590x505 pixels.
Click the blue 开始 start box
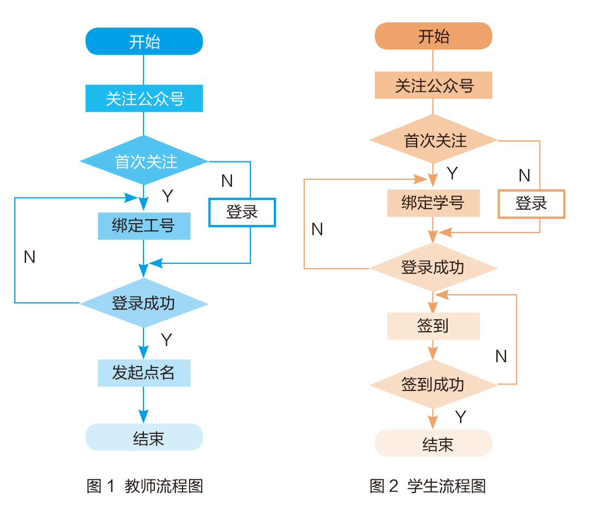[144, 42]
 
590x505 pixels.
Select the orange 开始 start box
[434, 36]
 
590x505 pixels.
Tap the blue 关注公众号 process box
[144, 99]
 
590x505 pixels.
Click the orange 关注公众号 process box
[434, 86]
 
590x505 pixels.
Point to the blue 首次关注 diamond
[144, 161]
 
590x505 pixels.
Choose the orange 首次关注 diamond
[434, 140]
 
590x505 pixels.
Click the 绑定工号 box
[144, 226]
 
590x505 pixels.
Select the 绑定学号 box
[434, 203]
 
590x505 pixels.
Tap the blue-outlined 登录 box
[242, 212]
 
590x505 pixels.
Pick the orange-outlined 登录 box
[531, 204]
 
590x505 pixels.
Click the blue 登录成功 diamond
[144, 302]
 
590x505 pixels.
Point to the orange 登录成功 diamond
[434, 267]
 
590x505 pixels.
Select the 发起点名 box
[144, 373]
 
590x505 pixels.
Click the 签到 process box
[434, 326]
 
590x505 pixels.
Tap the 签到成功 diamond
[434, 384]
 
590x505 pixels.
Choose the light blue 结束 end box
[144, 438]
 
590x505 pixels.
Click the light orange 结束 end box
[434, 444]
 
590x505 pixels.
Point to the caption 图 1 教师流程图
[145, 485]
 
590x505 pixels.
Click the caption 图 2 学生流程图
[428, 485]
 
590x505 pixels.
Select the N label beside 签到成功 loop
[501, 356]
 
